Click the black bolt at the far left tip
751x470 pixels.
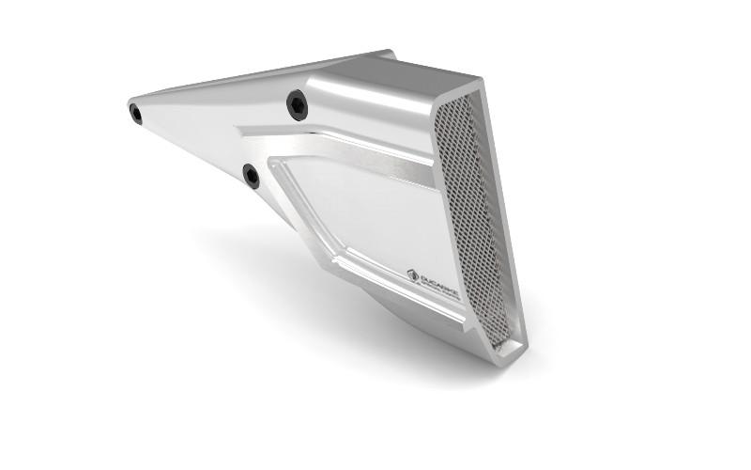point(136,114)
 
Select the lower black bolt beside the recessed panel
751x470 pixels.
point(251,175)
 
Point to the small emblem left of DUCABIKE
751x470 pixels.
point(412,274)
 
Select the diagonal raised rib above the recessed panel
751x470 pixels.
point(338,150)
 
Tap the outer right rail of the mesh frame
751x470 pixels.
point(508,216)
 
